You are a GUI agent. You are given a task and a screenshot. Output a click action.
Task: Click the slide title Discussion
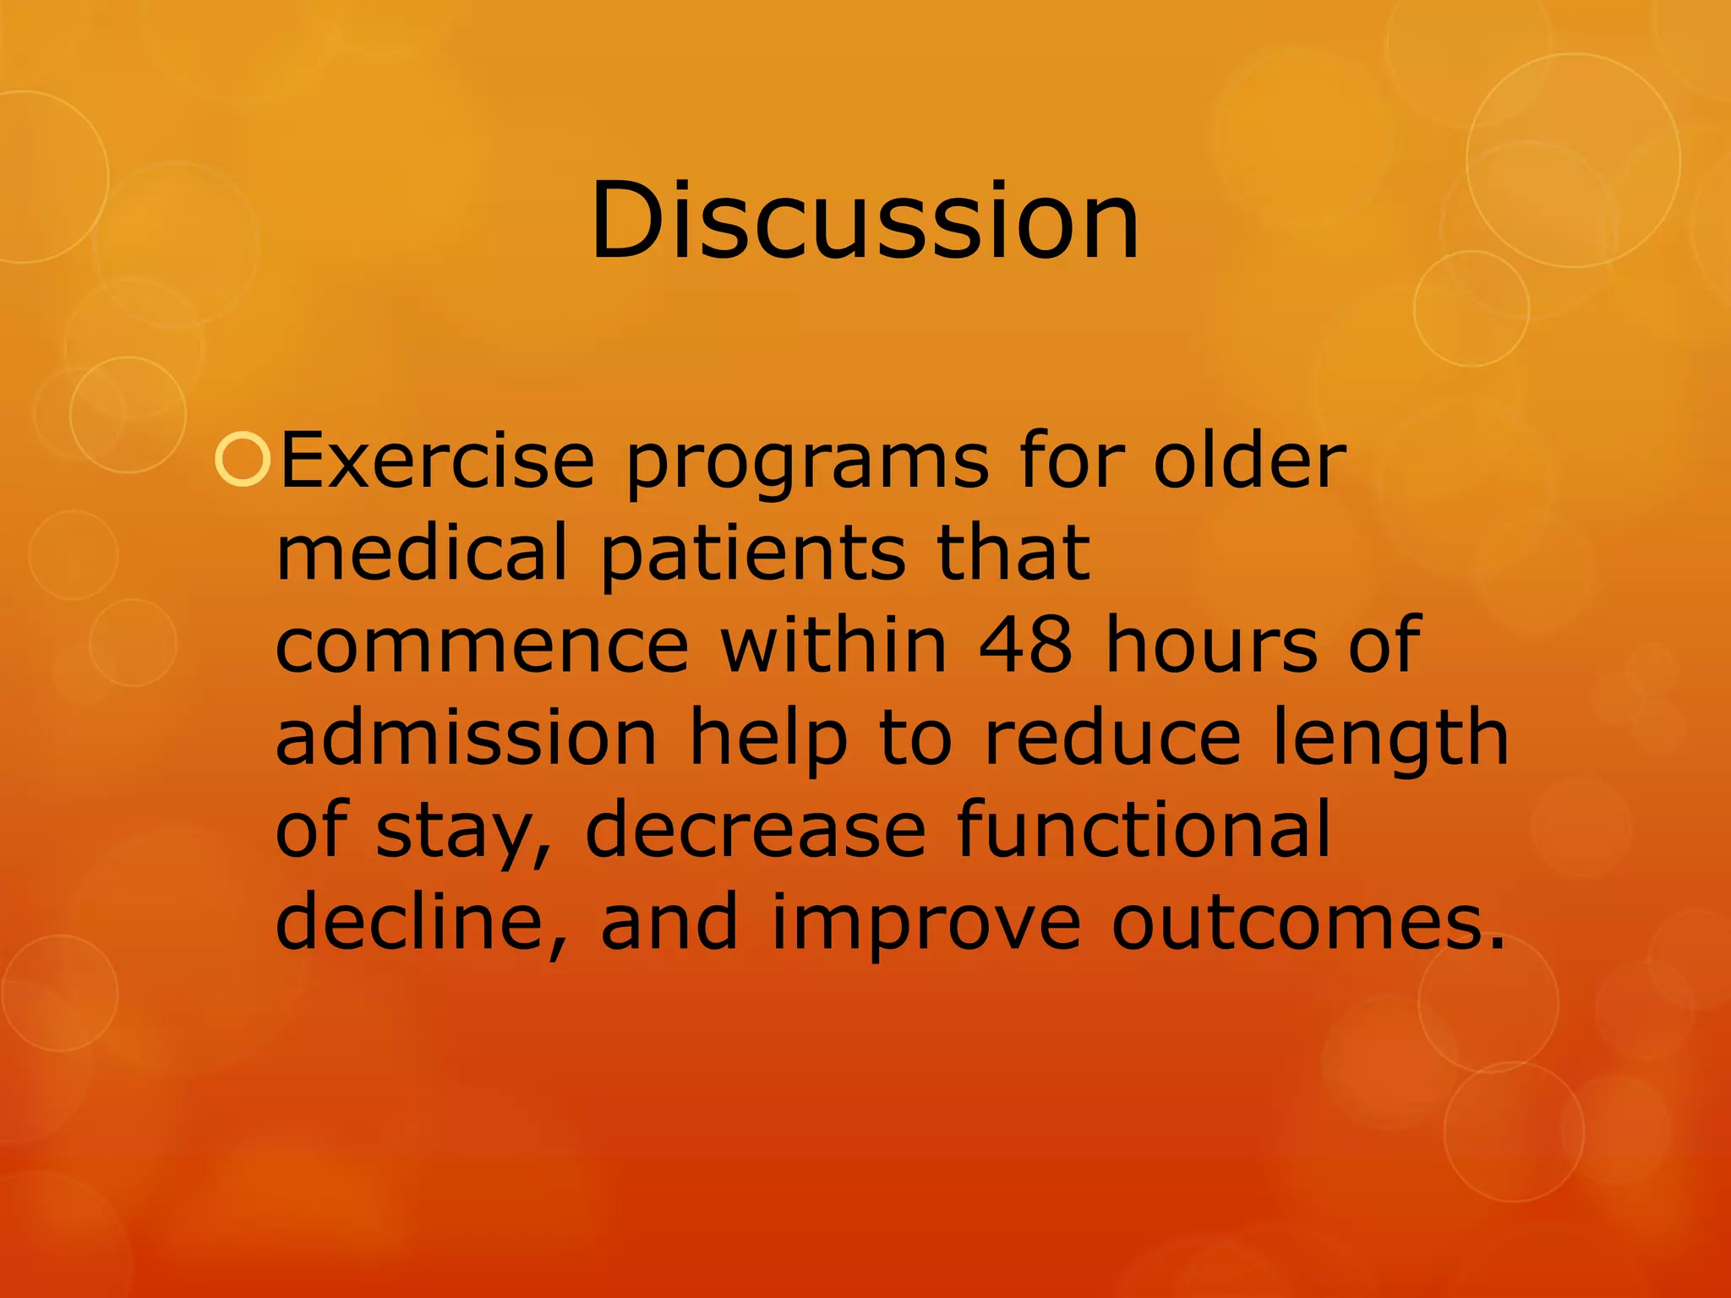(865, 221)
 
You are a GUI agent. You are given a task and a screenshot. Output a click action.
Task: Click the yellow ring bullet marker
(243, 461)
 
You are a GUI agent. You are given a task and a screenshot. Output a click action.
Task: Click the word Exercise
(437, 461)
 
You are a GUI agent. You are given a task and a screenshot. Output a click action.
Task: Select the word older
(1249, 461)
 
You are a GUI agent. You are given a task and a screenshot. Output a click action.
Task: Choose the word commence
(483, 646)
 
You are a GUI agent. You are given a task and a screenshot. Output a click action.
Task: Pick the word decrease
(755, 830)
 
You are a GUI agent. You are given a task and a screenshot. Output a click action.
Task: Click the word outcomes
(1308, 923)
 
